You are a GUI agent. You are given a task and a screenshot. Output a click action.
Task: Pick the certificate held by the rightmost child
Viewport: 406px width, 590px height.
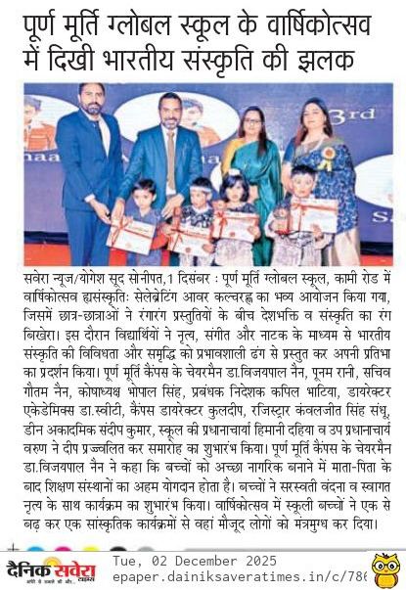coord(296,219)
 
